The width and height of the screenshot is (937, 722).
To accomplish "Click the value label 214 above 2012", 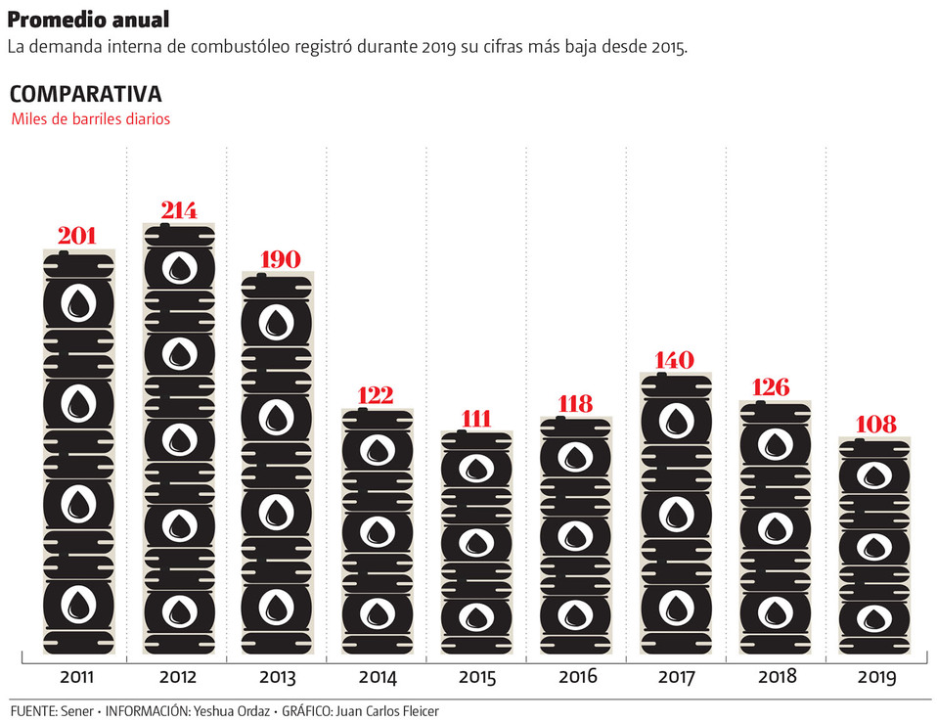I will click(x=180, y=210).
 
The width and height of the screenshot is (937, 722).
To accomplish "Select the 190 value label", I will click(x=280, y=259).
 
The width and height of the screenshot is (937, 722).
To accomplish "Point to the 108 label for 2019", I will click(x=876, y=425).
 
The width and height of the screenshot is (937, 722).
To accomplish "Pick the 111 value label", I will click(x=476, y=418).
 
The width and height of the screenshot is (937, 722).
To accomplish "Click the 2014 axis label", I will click(x=378, y=677).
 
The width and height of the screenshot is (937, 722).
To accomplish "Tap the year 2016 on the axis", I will click(x=577, y=677).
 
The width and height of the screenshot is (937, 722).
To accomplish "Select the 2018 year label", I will click(x=777, y=677).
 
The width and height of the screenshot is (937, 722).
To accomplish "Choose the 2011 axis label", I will click(x=78, y=677).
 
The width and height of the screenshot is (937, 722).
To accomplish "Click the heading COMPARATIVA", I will click(x=85, y=94).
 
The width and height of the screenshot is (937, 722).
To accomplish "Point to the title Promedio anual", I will click(x=88, y=20).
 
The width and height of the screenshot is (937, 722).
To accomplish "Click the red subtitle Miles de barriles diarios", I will click(x=91, y=119).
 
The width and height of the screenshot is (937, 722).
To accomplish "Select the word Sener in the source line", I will click(x=78, y=710).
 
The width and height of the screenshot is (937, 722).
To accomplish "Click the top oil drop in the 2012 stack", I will click(x=180, y=268).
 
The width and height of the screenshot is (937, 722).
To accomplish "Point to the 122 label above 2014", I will click(x=377, y=395).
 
